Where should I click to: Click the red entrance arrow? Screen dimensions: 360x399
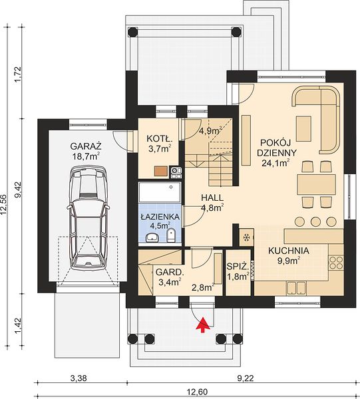(202, 325)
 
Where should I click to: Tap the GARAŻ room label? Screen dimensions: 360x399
(86, 146)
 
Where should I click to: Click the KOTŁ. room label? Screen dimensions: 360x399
(160, 139)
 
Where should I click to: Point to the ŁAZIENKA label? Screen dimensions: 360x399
(160, 217)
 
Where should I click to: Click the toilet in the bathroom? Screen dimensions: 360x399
(171, 235)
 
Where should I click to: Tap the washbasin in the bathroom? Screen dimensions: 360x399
(152, 237)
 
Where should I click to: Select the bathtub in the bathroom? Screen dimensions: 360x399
(160, 192)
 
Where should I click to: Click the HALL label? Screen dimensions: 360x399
(212, 198)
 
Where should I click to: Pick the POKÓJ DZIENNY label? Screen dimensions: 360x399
(277, 148)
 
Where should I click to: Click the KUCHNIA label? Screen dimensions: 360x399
(289, 251)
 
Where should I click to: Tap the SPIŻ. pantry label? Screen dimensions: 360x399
(238, 267)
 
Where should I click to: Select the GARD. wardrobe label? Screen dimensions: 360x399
(170, 272)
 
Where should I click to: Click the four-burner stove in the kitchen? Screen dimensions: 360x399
(336, 263)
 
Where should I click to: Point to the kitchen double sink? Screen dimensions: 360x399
(297, 288)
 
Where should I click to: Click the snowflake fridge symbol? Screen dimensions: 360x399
(246, 237)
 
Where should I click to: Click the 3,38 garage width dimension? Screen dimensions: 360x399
(78, 378)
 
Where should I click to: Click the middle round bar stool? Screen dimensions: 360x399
(315, 221)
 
